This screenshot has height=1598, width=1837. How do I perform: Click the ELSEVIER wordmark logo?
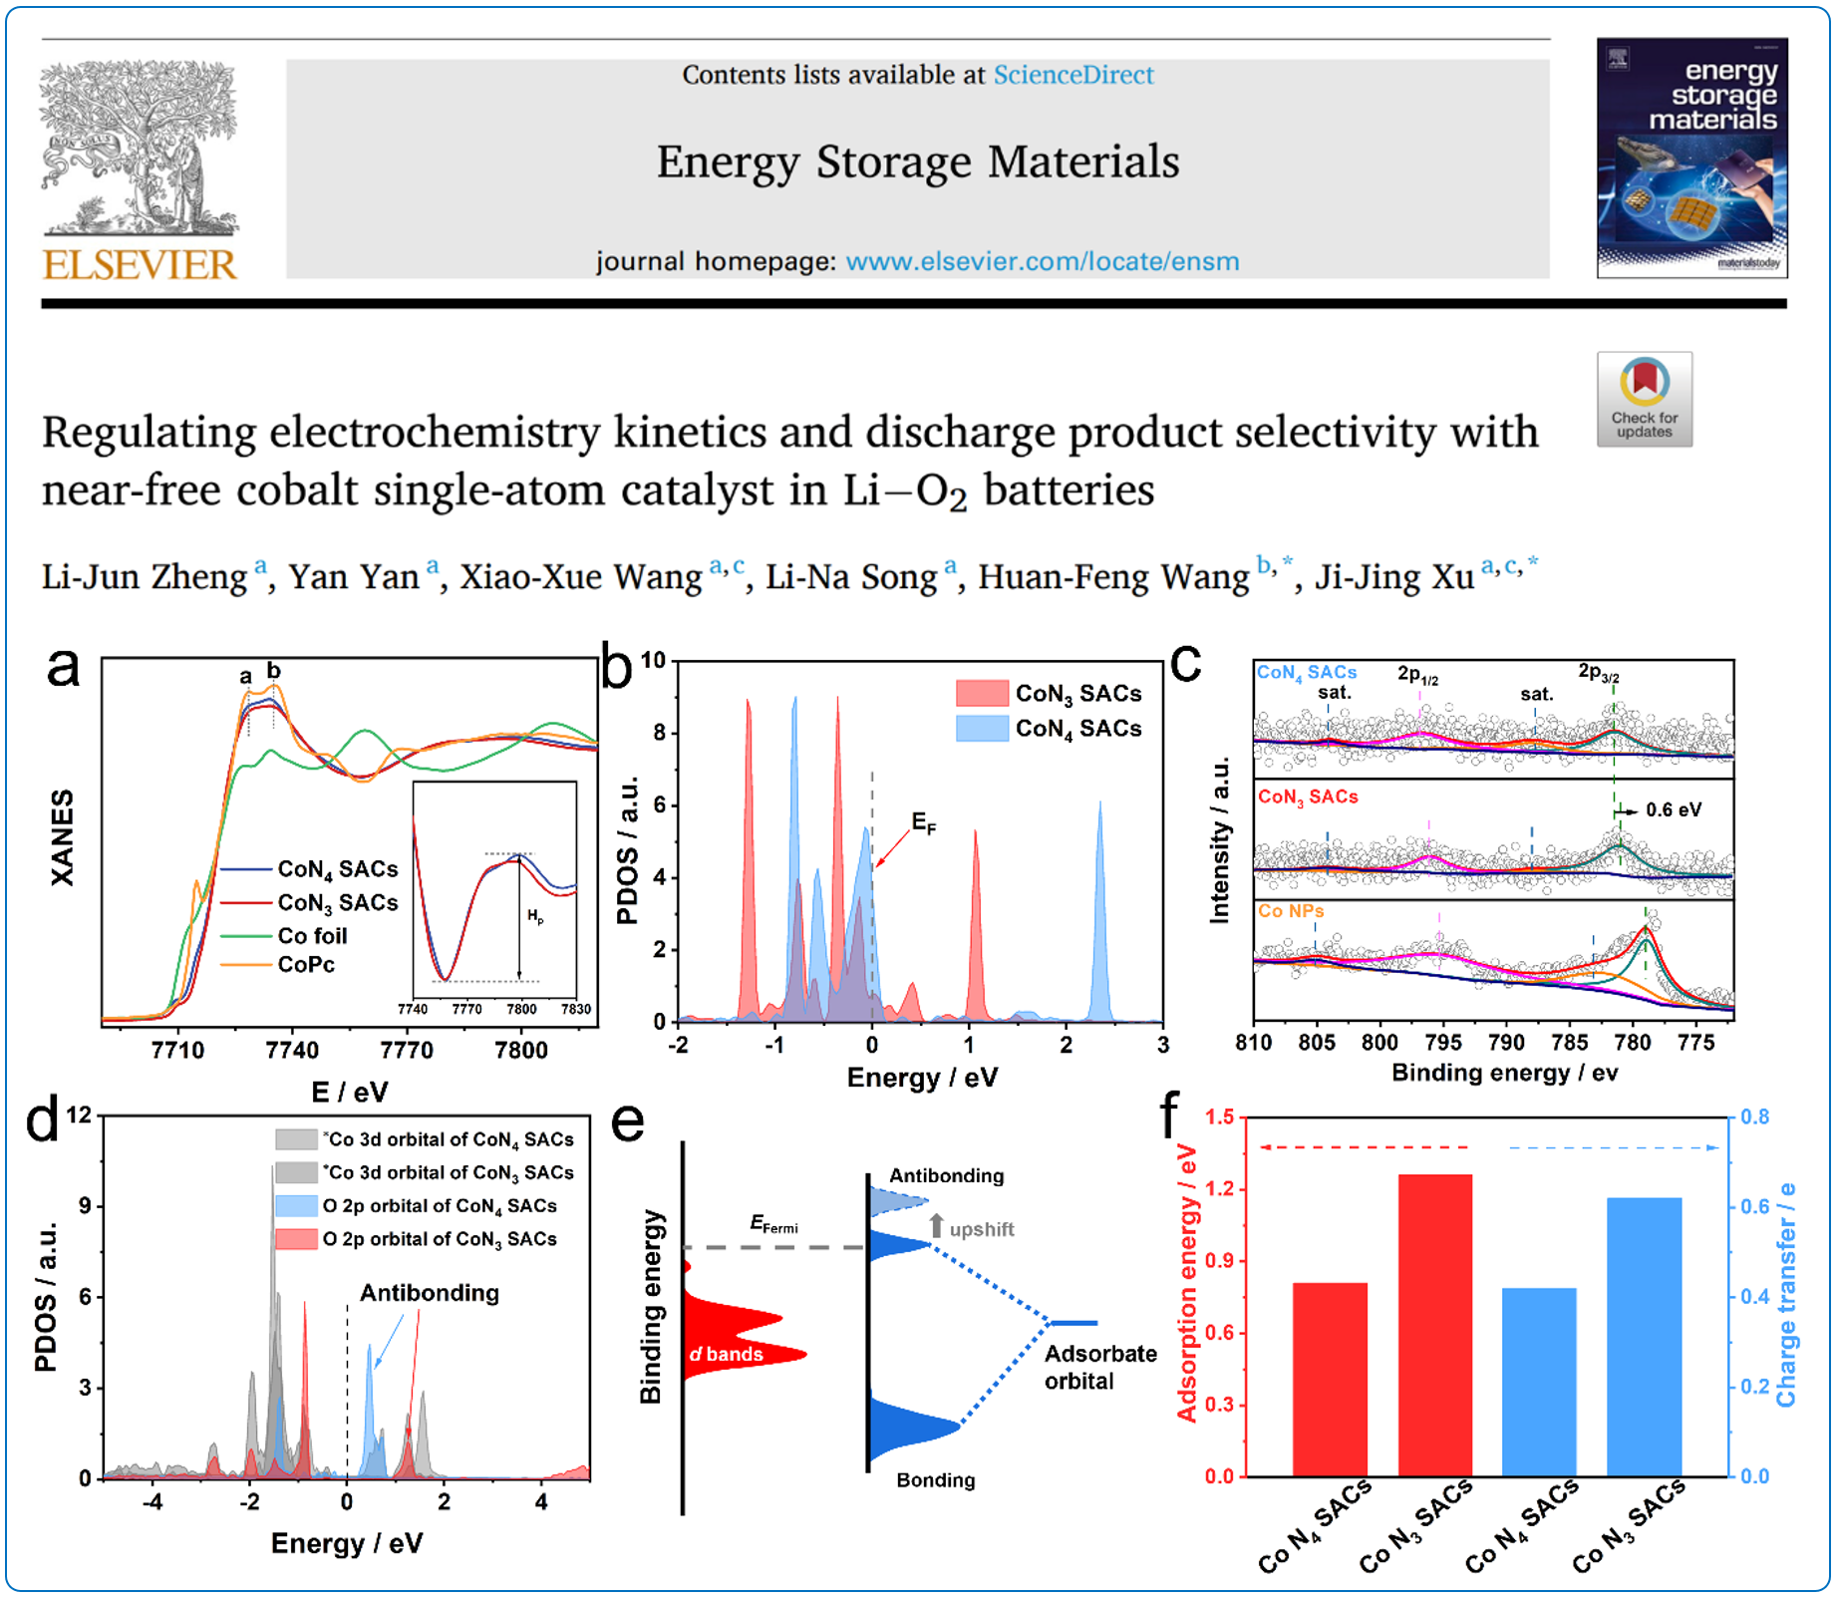point(140,265)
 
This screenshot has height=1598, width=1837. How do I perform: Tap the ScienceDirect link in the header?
point(1072,75)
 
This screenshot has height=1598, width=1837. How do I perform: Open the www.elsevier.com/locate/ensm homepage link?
point(1042,261)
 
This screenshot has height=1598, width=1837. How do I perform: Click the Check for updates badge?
point(1644,399)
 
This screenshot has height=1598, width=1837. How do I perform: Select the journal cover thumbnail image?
point(1691,158)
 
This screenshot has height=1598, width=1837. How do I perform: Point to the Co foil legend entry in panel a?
point(312,935)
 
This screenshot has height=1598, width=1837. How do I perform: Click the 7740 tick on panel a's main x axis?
point(292,1050)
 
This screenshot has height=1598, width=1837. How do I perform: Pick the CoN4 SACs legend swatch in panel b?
point(982,728)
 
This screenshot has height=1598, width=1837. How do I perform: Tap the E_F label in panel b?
point(924,823)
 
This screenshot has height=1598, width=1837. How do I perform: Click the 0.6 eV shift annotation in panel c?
point(1673,809)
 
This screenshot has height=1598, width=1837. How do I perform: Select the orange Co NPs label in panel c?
point(1291,911)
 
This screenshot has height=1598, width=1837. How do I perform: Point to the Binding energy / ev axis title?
point(1504,1073)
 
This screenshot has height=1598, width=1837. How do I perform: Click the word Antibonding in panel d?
point(429,1293)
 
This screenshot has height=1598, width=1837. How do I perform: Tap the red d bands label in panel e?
point(727,1354)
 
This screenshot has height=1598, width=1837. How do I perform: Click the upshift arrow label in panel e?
point(981,1229)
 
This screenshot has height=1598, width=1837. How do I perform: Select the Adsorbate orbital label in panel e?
point(1099,1367)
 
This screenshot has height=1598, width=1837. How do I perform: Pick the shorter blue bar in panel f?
point(1539,1382)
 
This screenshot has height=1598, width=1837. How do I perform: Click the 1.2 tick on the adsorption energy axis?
point(1220,1189)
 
